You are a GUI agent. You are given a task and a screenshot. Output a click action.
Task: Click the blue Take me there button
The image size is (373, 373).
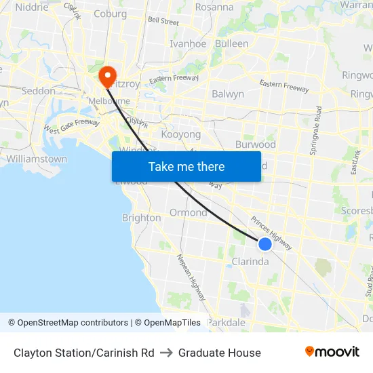(186, 166)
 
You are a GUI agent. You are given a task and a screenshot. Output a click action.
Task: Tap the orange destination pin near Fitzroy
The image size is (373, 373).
(107, 75)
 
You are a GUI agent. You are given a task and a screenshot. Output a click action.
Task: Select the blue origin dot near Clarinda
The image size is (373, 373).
(265, 244)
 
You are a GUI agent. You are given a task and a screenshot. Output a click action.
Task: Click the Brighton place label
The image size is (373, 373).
(141, 218)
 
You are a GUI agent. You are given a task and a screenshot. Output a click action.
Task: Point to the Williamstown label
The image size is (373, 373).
(37, 159)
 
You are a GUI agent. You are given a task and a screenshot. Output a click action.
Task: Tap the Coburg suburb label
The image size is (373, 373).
(110, 14)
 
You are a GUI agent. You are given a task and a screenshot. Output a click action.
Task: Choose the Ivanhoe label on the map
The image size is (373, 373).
(188, 43)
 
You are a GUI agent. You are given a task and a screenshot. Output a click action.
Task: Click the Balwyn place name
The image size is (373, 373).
(228, 94)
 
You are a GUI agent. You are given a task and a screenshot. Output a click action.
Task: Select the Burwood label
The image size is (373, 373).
(255, 144)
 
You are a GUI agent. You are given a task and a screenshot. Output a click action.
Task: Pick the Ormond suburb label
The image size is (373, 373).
(189, 212)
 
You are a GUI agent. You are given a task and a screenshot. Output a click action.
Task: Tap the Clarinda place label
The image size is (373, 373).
(250, 262)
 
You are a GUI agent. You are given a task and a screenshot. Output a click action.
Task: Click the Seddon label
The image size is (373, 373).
(39, 90)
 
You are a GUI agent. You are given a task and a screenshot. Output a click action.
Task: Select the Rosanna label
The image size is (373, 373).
(214, 7)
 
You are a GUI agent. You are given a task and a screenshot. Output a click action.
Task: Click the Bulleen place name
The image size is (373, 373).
(231, 43)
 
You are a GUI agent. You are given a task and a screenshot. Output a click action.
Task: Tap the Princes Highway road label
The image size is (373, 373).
(271, 233)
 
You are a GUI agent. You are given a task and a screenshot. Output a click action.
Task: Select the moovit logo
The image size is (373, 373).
(332, 352)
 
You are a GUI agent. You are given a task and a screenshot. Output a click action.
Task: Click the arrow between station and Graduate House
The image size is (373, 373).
(166, 353)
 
